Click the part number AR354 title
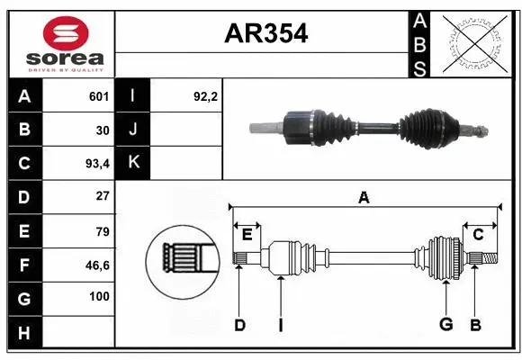click(265, 34)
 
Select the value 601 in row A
click(98, 96)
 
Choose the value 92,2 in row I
click(206, 96)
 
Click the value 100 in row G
click(98, 297)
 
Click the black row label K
click(134, 163)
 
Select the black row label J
click(134, 130)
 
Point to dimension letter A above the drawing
click(364, 198)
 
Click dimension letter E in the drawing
click(247, 234)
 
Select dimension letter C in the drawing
click(478, 234)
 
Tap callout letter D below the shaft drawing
click(239, 325)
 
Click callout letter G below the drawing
click(445, 325)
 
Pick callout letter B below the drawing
click(476, 325)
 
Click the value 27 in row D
click(102, 196)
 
